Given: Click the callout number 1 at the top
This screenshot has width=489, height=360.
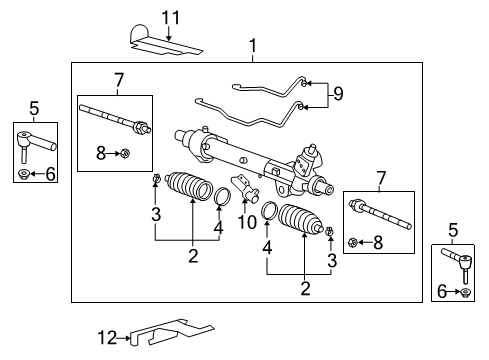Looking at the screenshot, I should click(252, 46).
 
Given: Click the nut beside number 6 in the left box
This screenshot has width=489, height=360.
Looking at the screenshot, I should click(23, 176).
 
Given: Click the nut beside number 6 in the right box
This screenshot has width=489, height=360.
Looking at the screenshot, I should click(466, 292).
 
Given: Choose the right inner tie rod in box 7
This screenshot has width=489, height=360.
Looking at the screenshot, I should click(376, 238).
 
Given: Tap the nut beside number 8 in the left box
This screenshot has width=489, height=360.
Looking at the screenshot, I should click(125, 153).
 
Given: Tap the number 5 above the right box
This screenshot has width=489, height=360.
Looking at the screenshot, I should click(452, 231).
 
